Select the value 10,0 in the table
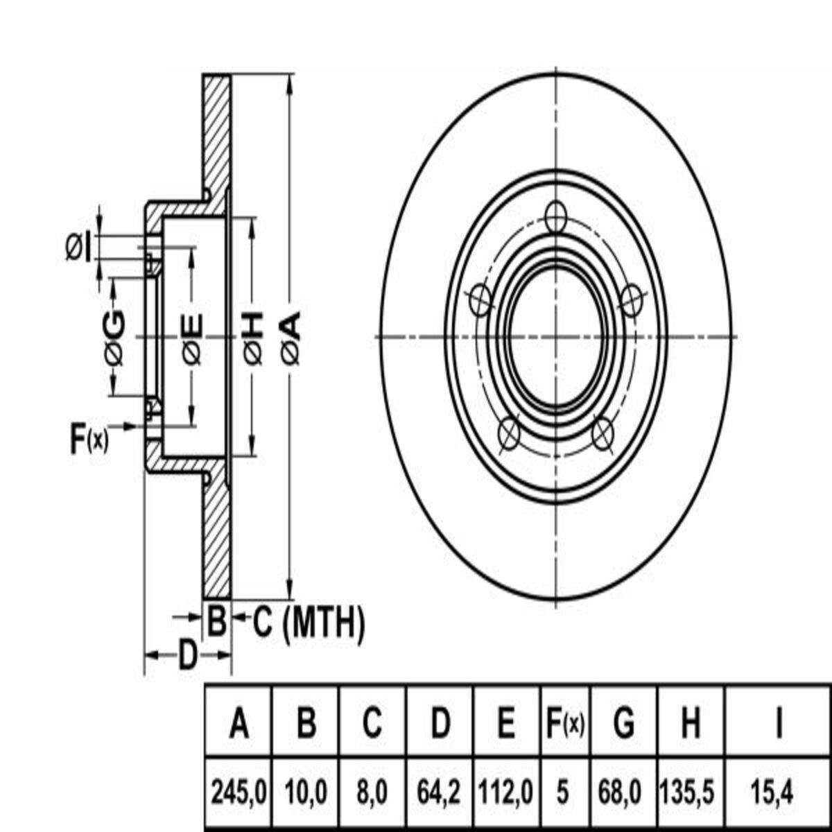pos(306,790)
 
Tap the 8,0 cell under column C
pos(372,790)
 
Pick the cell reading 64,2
pos(440,790)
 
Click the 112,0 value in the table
pos(507,790)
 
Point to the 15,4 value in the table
pos(779,790)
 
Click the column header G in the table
pos(624,725)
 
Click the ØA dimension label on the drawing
pos(292,338)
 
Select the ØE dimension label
pos(193,338)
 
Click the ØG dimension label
pos(114,338)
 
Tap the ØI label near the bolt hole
pos(78,248)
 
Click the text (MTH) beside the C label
pos(324,622)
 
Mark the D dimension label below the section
pos(187,655)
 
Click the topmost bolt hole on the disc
pos(556,217)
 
